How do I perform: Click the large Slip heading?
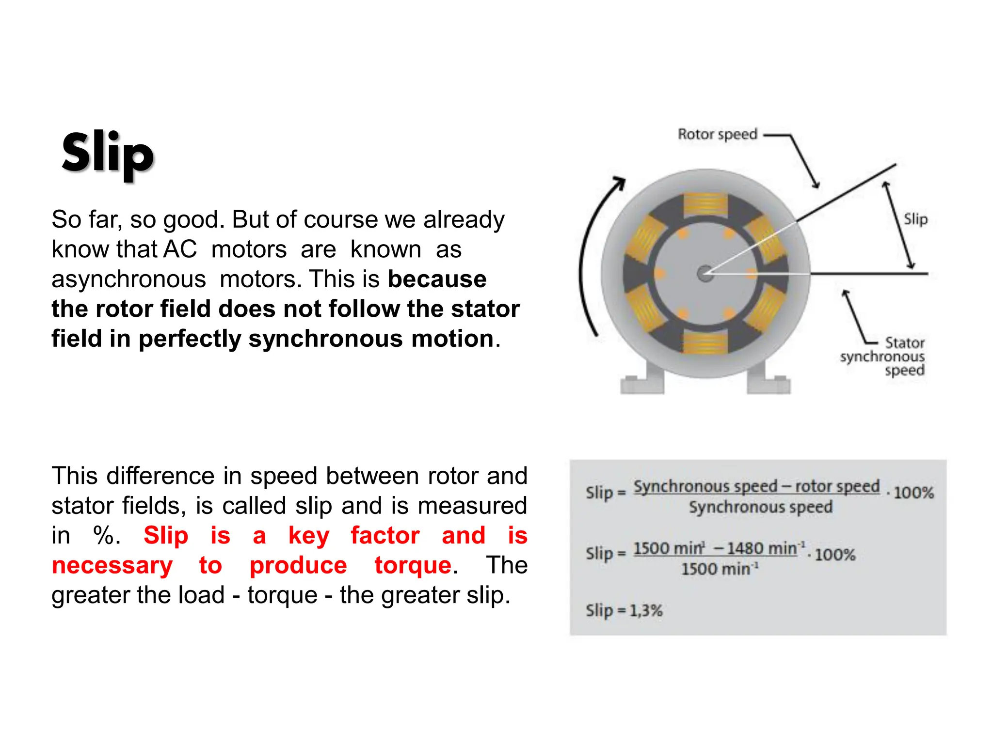(x=108, y=154)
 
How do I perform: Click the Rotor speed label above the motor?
(x=717, y=134)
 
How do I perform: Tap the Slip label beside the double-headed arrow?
(x=915, y=219)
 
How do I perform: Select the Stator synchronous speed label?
(x=882, y=356)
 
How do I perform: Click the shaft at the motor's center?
(x=705, y=274)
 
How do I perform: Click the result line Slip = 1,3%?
(x=624, y=610)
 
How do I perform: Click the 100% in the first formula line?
(x=913, y=493)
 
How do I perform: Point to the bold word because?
(x=437, y=279)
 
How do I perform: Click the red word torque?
(x=413, y=565)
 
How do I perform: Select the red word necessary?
(x=112, y=565)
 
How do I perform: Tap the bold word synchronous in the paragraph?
(x=325, y=339)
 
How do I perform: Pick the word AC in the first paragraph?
(x=180, y=249)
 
